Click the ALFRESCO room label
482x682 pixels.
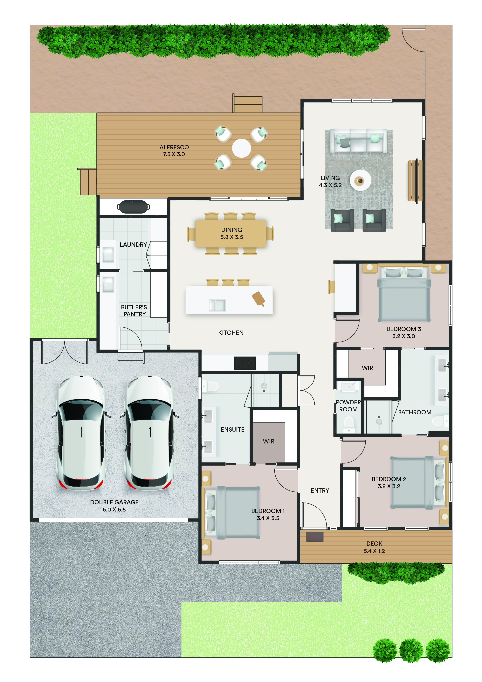(174, 147)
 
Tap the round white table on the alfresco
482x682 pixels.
(241, 148)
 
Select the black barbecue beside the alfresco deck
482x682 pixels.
(133, 207)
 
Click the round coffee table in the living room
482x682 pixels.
(360, 180)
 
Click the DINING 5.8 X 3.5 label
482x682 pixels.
(232, 233)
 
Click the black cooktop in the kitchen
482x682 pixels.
(245, 363)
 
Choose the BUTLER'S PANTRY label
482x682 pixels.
(134, 310)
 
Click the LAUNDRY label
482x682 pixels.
(133, 244)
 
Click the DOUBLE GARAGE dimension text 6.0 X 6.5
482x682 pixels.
(114, 509)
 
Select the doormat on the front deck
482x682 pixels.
(315, 537)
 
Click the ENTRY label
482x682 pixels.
(320, 491)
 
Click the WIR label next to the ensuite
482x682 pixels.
(268, 441)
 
